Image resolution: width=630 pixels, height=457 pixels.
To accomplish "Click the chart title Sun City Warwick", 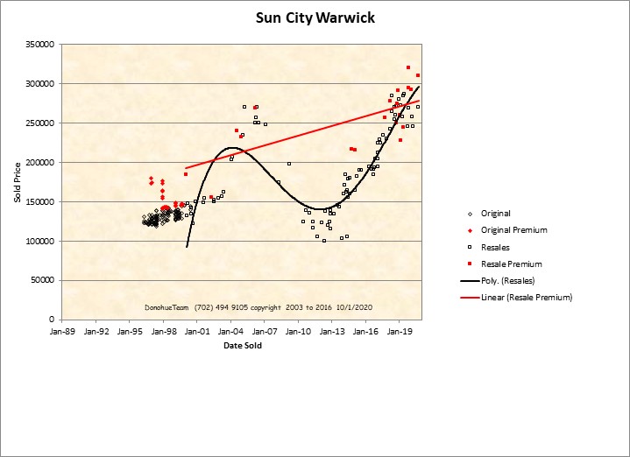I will (x=315, y=17).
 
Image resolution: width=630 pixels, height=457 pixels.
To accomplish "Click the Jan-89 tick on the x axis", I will (x=62, y=333).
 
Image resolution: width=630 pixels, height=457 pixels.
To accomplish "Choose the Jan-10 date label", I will (x=299, y=333).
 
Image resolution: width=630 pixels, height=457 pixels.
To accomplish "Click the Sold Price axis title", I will (x=17, y=182).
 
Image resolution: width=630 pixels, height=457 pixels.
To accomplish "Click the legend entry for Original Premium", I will (x=513, y=230).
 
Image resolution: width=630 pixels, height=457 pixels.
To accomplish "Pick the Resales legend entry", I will (x=495, y=247).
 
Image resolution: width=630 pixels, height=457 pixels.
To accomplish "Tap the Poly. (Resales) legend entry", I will (x=507, y=280).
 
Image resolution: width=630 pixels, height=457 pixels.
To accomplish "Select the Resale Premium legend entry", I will (x=511, y=264).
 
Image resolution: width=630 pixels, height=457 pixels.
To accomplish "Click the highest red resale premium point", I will (x=408, y=67).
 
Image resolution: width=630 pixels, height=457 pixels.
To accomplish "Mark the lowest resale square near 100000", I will (x=324, y=241).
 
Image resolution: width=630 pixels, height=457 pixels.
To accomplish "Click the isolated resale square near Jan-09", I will (x=289, y=164).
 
